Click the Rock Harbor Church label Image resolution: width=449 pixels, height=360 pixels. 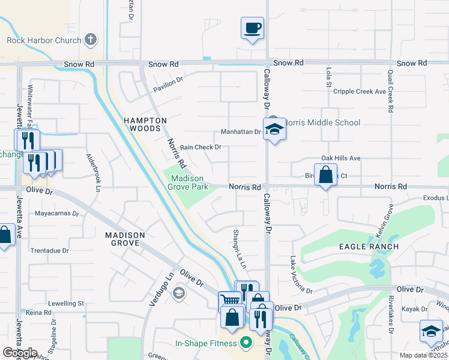44,40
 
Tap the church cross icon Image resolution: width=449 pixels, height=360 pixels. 91,40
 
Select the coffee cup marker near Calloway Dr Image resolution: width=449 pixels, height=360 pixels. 253,28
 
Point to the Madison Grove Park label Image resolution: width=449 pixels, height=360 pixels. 190,182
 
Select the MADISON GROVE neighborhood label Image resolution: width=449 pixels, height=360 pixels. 125,239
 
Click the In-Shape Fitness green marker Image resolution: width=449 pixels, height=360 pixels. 245,343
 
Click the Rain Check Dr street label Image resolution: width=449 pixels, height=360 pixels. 201,147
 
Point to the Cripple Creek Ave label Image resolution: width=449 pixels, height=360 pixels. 359,92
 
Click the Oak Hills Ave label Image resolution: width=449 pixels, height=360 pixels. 340,158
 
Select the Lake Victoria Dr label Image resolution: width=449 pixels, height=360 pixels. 301,275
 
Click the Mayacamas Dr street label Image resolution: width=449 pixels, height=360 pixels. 57,213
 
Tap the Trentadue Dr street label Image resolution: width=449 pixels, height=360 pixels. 49,251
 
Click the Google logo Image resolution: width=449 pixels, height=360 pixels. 20,353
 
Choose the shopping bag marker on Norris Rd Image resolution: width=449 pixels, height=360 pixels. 325,175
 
